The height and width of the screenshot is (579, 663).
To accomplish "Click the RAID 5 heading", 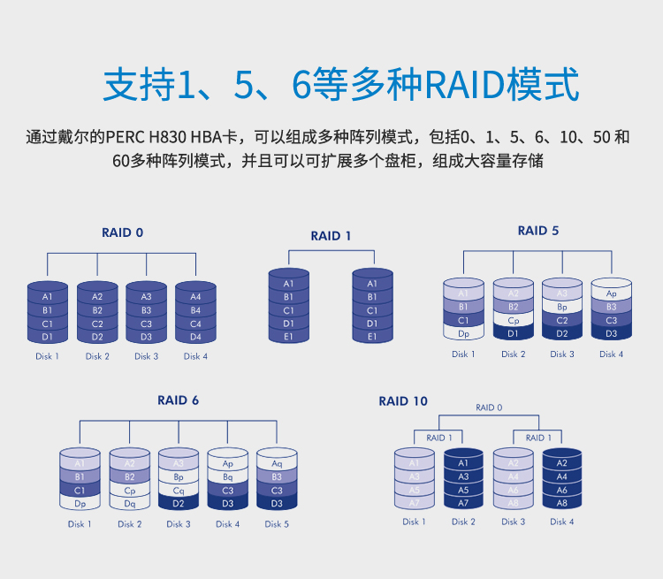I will [x=538, y=231].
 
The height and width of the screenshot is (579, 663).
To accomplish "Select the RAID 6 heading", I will [x=179, y=400].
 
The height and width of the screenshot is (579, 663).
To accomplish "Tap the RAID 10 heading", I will [x=403, y=401].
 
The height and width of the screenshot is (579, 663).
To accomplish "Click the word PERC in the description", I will [x=126, y=138].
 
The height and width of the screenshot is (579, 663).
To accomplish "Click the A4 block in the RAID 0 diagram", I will [x=195, y=297].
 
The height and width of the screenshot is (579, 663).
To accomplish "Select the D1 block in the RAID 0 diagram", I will [x=48, y=337].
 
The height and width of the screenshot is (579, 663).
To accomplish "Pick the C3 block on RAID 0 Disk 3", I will [x=146, y=324].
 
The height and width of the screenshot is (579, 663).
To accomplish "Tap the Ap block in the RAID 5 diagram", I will [x=611, y=293].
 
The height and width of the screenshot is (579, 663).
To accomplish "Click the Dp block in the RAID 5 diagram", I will [x=463, y=333].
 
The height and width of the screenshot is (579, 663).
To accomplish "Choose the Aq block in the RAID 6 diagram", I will [x=277, y=463].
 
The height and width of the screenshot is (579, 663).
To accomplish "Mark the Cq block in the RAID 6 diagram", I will [x=179, y=490].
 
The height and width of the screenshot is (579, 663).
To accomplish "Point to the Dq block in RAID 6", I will [x=130, y=503].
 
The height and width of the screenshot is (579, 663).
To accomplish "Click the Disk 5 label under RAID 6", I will [x=277, y=524].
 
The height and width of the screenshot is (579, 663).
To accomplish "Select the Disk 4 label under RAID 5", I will [x=611, y=354].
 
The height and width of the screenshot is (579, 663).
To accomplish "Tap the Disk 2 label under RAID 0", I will [x=97, y=356].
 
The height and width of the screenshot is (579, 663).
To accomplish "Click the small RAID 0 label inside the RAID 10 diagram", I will [x=489, y=408].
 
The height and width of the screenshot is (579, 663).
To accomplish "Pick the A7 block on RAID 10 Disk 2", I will [x=463, y=503].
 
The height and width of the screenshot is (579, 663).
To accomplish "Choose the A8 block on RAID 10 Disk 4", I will [x=561, y=503].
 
